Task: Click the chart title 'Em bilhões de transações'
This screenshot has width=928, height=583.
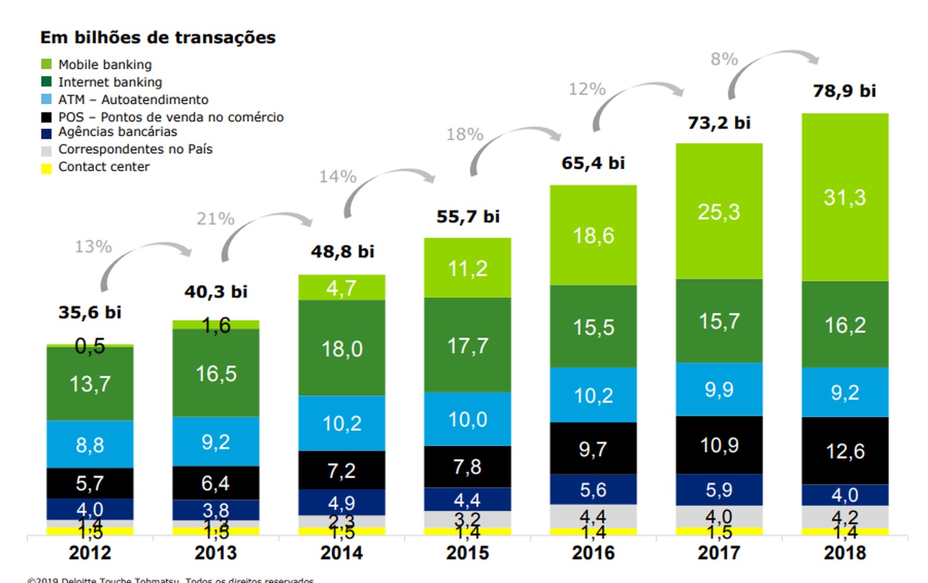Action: click(158, 38)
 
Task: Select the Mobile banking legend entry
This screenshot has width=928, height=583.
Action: click(104, 64)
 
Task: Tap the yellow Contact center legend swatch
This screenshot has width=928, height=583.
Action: click(46, 169)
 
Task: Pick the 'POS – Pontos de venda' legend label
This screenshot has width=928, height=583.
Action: click(171, 117)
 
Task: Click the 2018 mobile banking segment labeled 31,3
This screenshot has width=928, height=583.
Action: click(844, 198)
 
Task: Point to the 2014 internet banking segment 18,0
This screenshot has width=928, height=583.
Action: click(342, 348)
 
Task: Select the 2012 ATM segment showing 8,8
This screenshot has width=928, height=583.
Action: click(90, 444)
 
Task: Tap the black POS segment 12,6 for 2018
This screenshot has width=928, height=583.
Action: click(844, 450)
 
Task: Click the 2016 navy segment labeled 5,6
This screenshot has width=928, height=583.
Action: click(593, 490)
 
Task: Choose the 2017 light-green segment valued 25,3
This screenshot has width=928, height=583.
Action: click(719, 212)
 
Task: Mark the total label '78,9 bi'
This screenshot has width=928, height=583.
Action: click(844, 91)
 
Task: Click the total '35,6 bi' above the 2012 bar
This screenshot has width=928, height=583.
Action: click(90, 313)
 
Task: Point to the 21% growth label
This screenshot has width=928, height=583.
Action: click(215, 219)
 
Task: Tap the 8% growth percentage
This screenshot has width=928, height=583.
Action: click(724, 59)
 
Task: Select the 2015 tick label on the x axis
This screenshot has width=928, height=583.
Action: click(467, 553)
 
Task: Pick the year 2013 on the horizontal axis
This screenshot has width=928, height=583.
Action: click(216, 553)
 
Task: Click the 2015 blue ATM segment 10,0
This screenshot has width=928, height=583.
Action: click(467, 419)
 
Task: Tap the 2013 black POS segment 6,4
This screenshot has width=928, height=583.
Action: click(216, 483)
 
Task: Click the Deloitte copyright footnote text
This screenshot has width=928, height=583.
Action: click(171, 579)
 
